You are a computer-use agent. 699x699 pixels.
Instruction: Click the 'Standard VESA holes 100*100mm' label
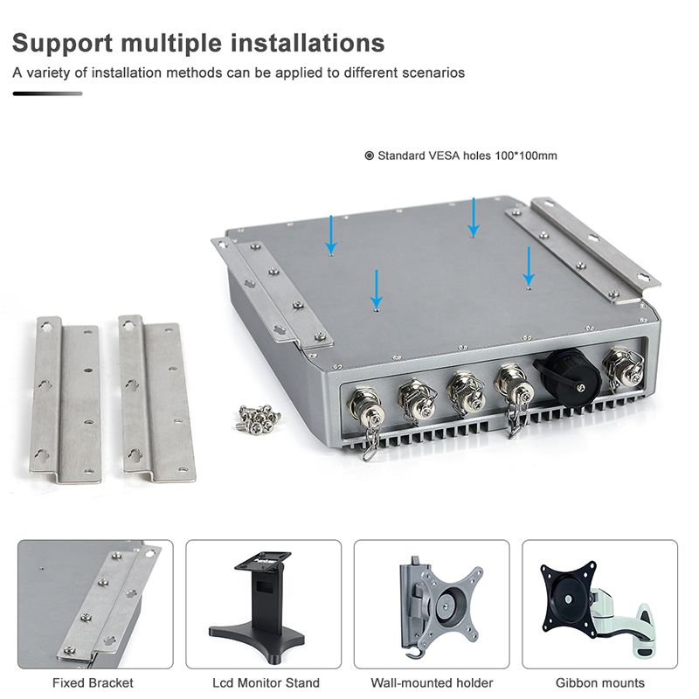click(467, 156)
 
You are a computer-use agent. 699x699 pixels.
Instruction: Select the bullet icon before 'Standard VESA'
click(369, 156)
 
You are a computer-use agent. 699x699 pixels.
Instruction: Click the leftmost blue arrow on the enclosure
click(330, 233)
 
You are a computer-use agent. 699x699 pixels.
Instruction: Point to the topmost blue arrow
click(473, 215)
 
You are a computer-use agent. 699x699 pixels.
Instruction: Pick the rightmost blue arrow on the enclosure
click(528, 264)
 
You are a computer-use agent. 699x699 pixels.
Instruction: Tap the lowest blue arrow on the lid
click(376, 287)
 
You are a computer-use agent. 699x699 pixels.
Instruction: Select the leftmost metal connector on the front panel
click(361, 405)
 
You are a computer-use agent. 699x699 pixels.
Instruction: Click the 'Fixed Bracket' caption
click(93, 682)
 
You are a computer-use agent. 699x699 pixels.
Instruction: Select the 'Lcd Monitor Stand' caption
click(266, 682)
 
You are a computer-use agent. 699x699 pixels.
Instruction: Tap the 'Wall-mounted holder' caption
click(432, 682)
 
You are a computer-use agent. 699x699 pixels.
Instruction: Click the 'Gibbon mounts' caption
click(600, 682)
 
